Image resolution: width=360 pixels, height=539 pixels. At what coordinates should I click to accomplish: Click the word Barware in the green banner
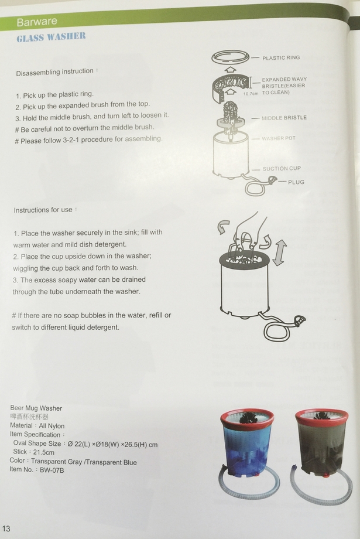coord(37,22)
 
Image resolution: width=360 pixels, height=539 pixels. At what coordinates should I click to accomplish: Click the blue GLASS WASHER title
coord(51,37)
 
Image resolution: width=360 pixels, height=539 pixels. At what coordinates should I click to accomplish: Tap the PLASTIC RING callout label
coord(281,58)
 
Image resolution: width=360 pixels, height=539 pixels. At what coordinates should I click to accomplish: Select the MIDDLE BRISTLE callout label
coord(284,118)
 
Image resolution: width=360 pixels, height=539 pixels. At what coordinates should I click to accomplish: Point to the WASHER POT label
coord(279,138)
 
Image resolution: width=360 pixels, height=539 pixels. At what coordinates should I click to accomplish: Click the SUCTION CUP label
coord(282,169)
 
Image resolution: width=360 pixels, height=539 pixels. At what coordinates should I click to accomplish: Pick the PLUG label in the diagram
coord(296,182)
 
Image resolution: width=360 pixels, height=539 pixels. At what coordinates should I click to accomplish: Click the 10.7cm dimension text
coord(251,94)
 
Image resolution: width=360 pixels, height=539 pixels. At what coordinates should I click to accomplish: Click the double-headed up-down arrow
coord(279,253)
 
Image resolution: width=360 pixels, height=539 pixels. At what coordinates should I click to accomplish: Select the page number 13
coord(6,528)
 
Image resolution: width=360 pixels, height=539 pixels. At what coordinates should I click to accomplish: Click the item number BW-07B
coord(52,470)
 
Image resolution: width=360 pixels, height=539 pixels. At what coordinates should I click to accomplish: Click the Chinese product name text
coord(29,417)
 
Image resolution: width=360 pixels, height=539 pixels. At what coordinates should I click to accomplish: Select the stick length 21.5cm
coord(44,452)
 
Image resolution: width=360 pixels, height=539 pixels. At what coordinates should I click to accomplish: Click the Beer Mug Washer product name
coord(36,408)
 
